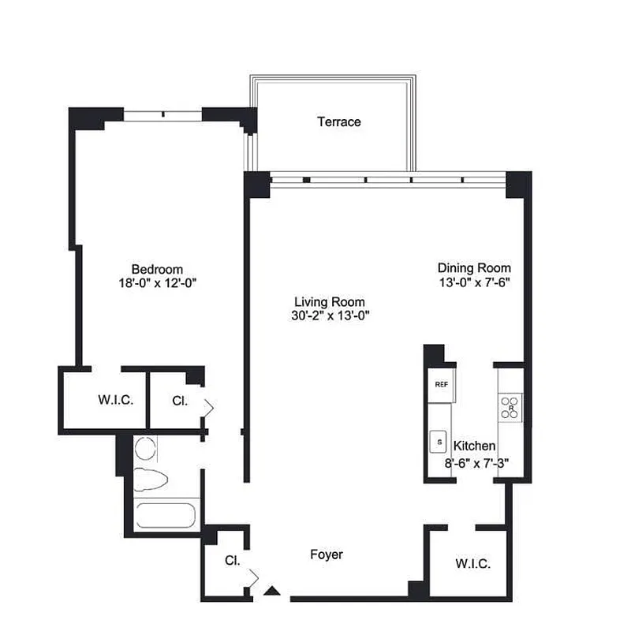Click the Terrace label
[339, 121]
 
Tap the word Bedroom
[157, 269]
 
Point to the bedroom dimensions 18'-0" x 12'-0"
[157, 282]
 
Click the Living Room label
[330, 302]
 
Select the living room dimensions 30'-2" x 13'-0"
[330, 315]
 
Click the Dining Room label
[474, 268]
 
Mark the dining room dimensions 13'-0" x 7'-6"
[474, 282]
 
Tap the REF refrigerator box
[440, 384]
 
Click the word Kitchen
[474, 446]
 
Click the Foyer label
[326, 555]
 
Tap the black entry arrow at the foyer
[273, 590]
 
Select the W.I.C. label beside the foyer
[473, 565]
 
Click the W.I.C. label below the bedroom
[116, 400]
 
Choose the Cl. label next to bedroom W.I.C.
[180, 400]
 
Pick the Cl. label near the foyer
[232, 562]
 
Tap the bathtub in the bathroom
[166, 516]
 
